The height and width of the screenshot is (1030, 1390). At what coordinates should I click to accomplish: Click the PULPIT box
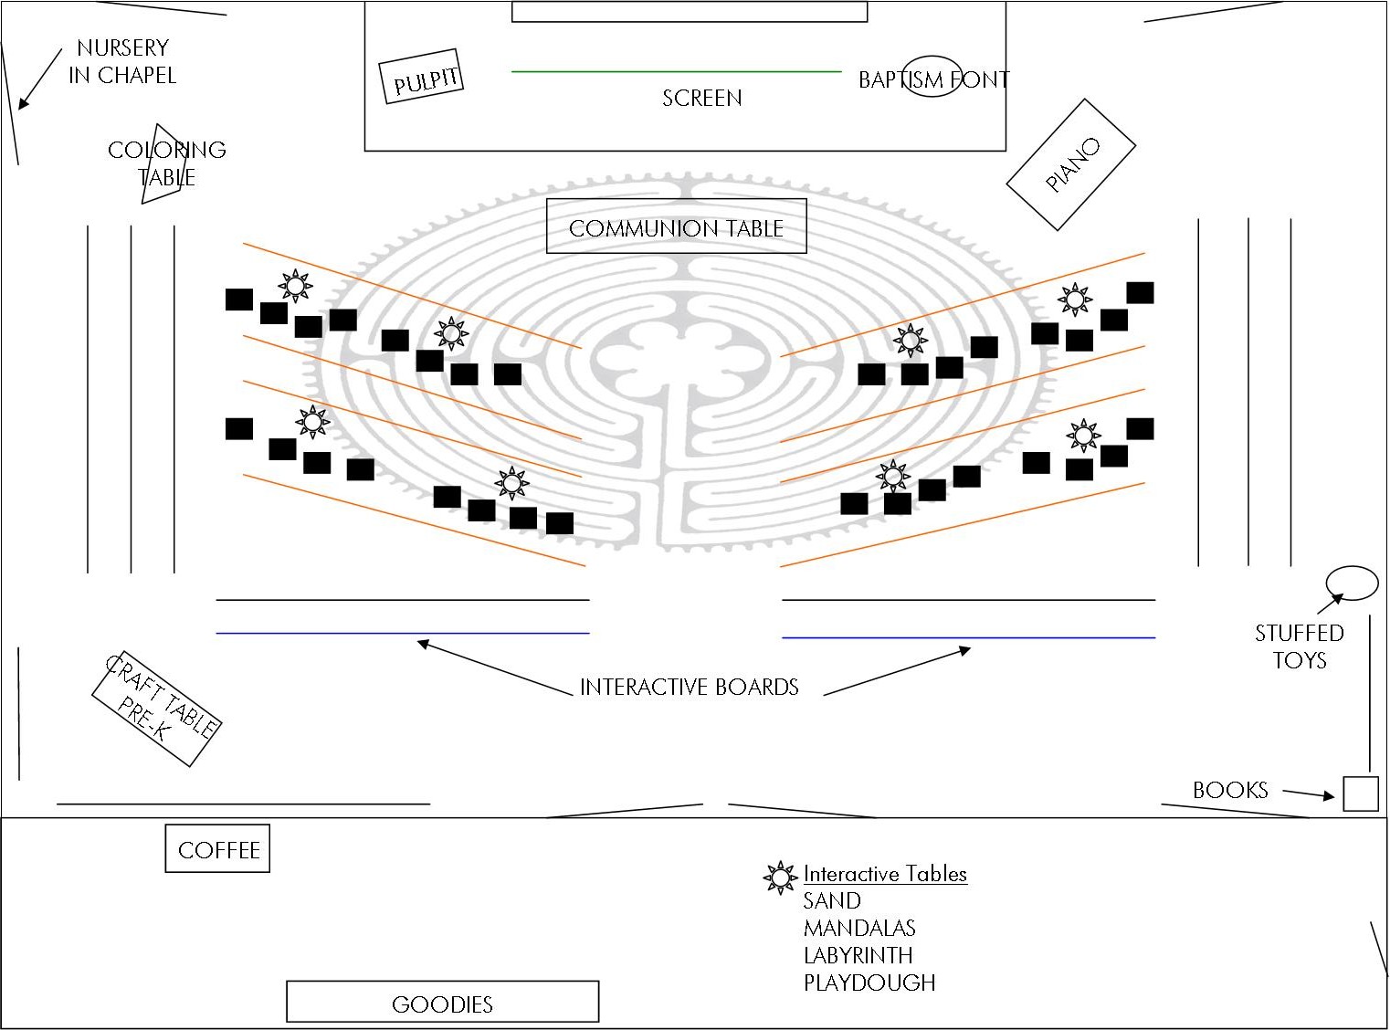tap(423, 77)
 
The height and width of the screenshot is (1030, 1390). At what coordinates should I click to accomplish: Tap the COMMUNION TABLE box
tap(676, 226)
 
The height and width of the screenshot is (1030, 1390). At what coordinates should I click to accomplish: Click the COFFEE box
tap(217, 848)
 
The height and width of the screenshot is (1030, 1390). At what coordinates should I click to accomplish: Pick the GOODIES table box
tap(443, 1002)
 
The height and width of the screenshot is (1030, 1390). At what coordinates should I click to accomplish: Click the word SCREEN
tap(701, 98)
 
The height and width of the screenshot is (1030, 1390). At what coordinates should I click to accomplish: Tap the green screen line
tap(676, 71)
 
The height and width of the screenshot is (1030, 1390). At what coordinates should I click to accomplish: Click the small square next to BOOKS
tap(1360, 794)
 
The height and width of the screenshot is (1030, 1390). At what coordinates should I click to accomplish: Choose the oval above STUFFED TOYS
tap(1352, 583)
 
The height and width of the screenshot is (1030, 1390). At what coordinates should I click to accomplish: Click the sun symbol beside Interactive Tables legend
tap(780, 878)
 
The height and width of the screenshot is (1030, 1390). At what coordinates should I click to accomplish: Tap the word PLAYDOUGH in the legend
tap(869, 983)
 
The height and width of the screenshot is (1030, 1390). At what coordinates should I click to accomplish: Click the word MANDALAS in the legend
tap(859, 928)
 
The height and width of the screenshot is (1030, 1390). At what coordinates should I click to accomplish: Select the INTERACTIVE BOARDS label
tap(689, 687)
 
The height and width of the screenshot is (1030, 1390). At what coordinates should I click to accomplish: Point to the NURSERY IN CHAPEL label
tap(122, 61)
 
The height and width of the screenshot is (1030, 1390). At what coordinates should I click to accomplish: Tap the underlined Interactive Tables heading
tap(885, 874)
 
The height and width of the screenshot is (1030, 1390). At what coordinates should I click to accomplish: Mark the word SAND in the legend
tap(832, 900)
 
